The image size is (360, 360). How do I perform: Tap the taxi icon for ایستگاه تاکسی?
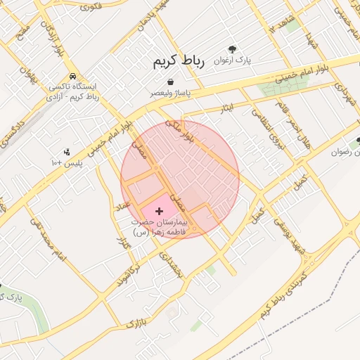pos(73,77)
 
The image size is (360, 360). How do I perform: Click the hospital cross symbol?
pos(158,210)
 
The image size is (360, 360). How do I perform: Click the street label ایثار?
pos(226,108)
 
